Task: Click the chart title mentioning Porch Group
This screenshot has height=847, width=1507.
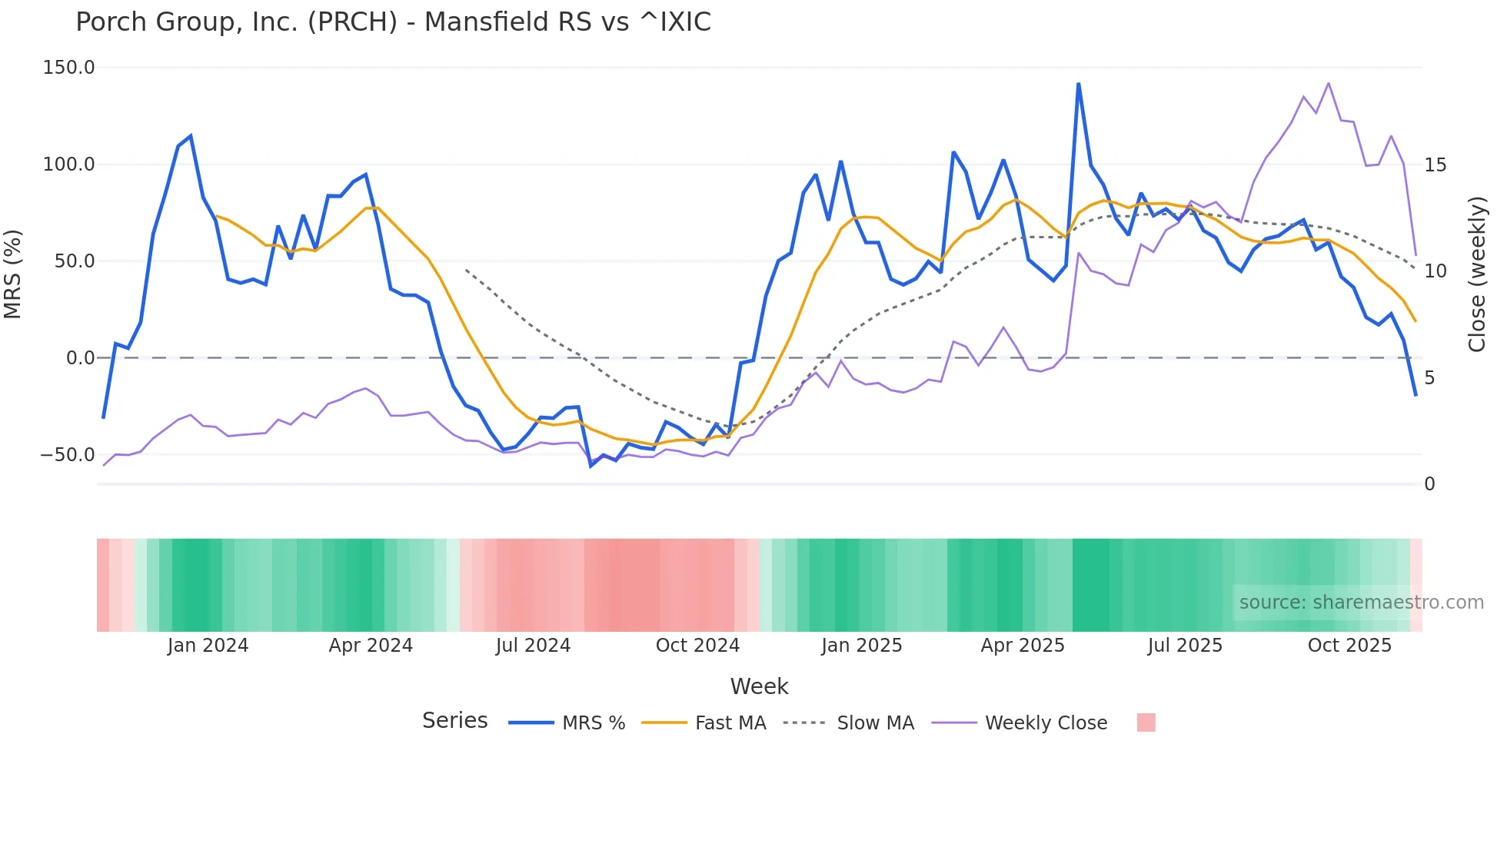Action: pos(393,22)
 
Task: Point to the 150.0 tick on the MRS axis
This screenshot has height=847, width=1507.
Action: pos(69,68)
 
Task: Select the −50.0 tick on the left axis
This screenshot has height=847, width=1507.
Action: pos(68,454)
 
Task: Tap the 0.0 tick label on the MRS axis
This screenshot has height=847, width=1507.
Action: pos(80,357)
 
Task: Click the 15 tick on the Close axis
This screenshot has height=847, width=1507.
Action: pos(1435,165)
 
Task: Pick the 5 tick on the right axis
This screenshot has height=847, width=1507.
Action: pos(1429,377)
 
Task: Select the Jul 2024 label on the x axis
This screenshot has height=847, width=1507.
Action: pos(533,646)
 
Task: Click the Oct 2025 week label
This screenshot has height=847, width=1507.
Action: pos(1349,646)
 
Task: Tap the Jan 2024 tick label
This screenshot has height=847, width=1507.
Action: pos(208,646)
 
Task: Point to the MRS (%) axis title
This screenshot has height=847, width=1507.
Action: pos(13,274)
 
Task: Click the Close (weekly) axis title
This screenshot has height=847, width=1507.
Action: pos(1476,274)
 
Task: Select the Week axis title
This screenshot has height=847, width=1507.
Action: pos(759,686)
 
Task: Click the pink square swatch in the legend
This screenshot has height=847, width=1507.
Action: pos(1146,722)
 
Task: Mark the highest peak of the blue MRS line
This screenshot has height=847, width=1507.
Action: pos(1078,84)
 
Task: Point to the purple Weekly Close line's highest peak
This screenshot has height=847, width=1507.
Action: pos(1329,83)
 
